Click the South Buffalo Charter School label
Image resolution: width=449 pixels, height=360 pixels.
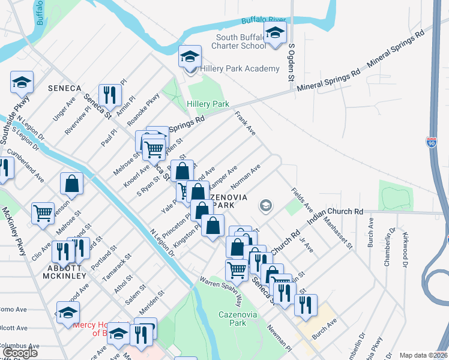pyautogui.click(x=241, y=41)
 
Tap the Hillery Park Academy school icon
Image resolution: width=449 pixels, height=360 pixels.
pyautogui.click(x=190, y=58)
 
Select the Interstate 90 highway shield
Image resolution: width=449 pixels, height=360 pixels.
pyautogui.click(x=432, y=142)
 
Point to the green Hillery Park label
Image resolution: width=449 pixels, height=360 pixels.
pyautogui.click(x=208, y=104)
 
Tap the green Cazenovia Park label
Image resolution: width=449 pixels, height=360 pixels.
pyautogui.click(x=232, y=319)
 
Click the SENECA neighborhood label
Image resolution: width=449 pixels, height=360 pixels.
pyautogui.click(x=64, y=88)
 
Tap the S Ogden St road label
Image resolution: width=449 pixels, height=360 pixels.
pyautogui.click(x=291, y=62)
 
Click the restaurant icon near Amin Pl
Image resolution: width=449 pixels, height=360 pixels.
pyautogui.click(x=110, y=94)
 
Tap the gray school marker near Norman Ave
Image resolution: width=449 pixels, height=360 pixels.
pyautogui.click(x=265, y=206)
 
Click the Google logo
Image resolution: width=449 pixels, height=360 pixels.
pyautogui.click(x=21, y=353)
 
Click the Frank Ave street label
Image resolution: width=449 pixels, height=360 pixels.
pyautogui.click(x=246, y=122)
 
